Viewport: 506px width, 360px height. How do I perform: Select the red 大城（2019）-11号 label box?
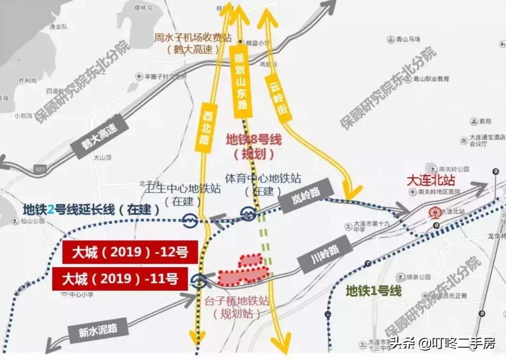[125, 279]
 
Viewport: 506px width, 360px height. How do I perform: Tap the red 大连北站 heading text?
[431, 180]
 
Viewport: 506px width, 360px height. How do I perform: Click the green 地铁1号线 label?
[373, 291]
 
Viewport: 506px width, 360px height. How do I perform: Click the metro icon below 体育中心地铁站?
[248, 214]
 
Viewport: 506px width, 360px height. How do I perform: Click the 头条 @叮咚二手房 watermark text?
[443, 344]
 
